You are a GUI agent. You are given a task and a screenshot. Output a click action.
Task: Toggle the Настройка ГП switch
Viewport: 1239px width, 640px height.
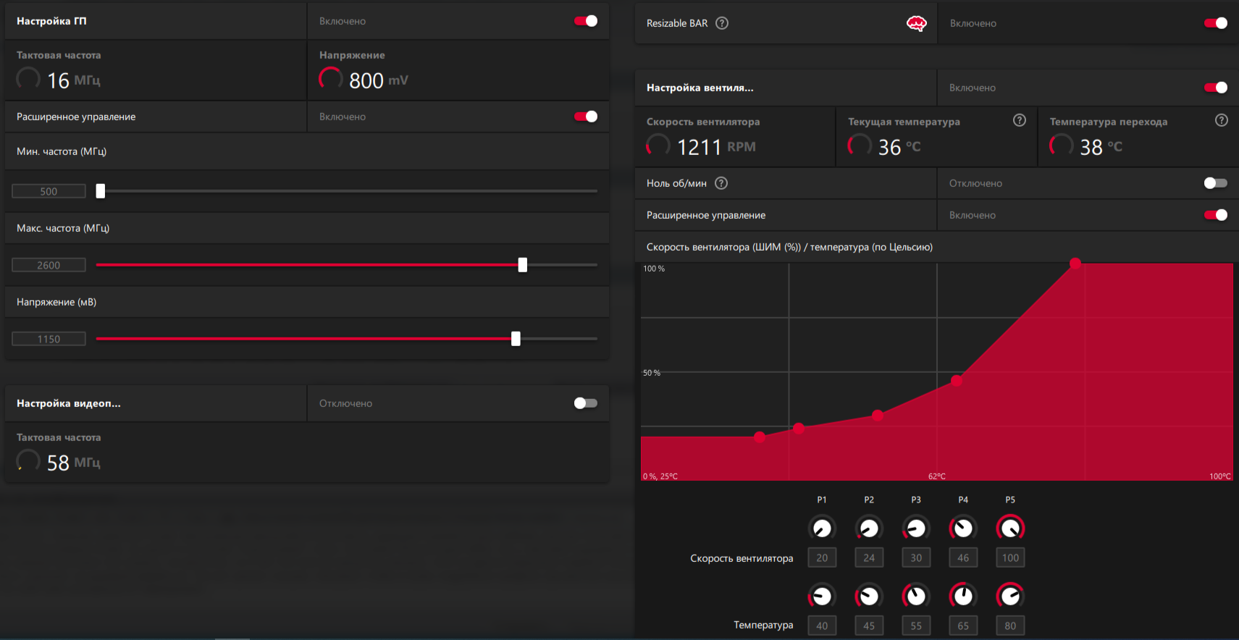pos(586,21)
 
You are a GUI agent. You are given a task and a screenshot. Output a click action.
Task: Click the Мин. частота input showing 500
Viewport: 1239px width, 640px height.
pos(49,191)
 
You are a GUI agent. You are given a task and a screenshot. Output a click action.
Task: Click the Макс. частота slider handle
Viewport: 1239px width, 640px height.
pos(523,265)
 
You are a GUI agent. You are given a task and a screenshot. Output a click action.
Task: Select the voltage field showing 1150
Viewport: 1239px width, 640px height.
pos(49,339)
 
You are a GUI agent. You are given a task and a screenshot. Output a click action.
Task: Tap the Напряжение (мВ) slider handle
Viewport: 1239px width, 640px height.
pos(516,339)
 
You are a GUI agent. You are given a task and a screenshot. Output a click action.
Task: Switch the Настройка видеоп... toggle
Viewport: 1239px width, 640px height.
pos(586,403)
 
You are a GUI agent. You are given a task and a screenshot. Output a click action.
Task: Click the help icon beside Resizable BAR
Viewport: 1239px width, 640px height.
pos(722,23)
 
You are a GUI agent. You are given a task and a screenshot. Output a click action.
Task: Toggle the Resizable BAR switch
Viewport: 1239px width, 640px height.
pos(1216,23)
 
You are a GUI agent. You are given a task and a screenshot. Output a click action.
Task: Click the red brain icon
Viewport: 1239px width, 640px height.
pos(917,23)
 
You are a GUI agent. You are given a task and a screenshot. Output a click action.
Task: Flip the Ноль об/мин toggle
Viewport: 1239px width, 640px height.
pos(1216,183)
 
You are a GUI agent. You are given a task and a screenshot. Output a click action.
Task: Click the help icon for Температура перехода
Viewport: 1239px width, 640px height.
pos(1222,120)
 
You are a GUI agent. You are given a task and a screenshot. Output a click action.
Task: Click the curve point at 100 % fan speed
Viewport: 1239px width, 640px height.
pos(1075,263)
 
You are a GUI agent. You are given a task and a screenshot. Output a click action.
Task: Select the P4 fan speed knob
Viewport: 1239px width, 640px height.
pos(963,529)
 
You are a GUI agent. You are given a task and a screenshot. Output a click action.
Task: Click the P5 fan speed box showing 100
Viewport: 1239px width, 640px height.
pos(1010,557)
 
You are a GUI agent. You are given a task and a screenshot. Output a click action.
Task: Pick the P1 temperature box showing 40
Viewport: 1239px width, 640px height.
pos(822,626)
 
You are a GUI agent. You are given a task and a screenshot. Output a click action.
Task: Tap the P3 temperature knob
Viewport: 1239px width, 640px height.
pos(916,596)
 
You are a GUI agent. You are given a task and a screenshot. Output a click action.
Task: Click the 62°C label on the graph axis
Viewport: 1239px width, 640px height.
pos(937,476)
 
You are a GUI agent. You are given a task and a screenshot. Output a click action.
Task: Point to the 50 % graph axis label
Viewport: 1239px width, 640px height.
pos(652,373)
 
